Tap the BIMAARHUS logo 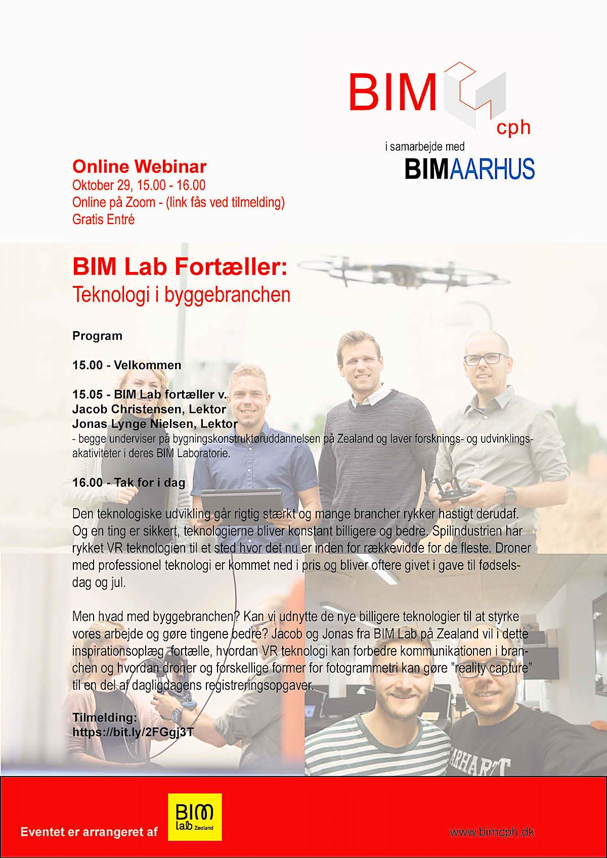point(469,169)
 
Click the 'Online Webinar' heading point(140,167)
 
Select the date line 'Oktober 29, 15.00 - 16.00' point(139,186)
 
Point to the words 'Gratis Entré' point(104,219)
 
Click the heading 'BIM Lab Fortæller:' point(180,267)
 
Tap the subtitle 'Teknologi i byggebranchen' point(181,295)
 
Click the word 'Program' point(97,336)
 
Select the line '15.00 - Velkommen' point(127,365)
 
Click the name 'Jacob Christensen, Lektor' point(149,409)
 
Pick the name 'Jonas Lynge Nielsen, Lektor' point(155,424)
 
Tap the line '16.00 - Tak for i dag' point(129,483)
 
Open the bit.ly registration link point(133,733)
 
